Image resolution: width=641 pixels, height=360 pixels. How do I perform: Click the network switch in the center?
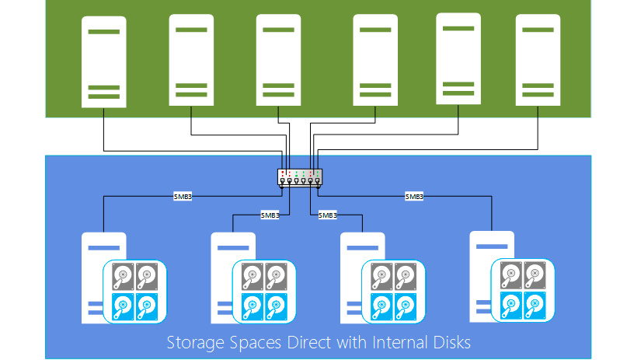point(299,177)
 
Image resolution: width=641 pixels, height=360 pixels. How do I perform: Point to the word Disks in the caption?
point(449,342)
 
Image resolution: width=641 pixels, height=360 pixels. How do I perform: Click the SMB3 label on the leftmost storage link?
point(182,197)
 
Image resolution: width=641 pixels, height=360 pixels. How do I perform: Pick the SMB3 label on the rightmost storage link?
point(414,197)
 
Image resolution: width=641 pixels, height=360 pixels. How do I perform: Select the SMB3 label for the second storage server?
point(270,215)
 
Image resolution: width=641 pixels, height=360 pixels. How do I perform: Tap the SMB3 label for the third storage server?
point(327,215)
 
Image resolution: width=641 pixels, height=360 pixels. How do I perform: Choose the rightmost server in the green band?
point(538,60)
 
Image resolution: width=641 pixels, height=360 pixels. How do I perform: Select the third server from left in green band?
point(278,60)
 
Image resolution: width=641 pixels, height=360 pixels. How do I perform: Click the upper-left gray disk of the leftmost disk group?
point(123,275)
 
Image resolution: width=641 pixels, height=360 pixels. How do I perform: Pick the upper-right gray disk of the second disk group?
point(276,275)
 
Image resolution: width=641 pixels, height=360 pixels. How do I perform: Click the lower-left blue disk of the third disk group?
point(381,305)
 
